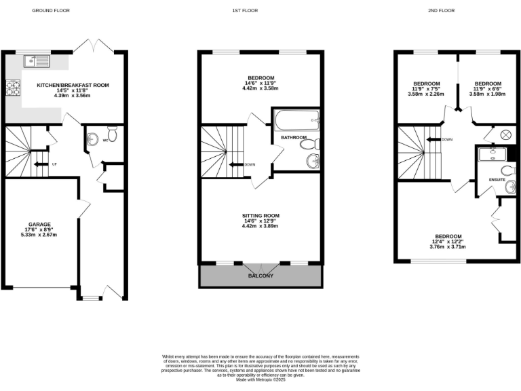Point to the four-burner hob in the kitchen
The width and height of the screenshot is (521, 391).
[13, 88]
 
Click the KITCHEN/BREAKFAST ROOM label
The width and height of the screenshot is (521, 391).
[73, 85]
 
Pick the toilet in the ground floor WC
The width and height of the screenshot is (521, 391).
[111, 135]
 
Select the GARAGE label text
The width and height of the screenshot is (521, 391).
[39, 224]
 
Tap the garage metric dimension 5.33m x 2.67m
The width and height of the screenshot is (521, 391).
[39, 235]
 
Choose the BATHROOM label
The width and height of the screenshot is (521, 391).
[294, 137]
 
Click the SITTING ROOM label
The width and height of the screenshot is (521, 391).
[261, 216]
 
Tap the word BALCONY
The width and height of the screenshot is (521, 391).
[261, 276]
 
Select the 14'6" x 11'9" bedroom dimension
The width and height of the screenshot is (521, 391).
[261, 83]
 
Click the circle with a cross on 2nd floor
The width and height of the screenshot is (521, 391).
[505, 135]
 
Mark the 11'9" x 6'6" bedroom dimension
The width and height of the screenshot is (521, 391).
[486, 89]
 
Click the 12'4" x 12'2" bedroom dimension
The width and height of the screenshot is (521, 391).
[448, 242]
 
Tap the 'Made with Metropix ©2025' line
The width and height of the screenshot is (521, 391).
[261, 379]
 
